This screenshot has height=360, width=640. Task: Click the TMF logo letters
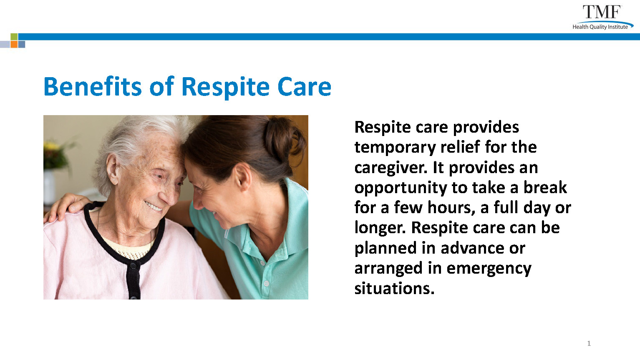(x=602, y=12)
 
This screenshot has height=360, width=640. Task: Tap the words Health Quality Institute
(x=600, y=27)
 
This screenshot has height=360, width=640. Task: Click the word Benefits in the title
(x=93, y=86)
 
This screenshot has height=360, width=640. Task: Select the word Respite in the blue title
(x=225, y=88)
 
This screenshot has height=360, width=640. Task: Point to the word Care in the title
(x=304, y=87)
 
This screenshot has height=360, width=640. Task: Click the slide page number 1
(x=589, y=343)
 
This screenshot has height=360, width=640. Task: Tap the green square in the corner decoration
(x=14, y=37)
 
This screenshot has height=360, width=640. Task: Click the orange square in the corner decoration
(x=14, y=44)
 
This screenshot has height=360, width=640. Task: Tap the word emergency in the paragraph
(x=489, y=269)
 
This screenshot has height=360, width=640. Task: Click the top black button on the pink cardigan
(x=133, y=266)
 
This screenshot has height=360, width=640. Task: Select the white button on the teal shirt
(x=266, y=283)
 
